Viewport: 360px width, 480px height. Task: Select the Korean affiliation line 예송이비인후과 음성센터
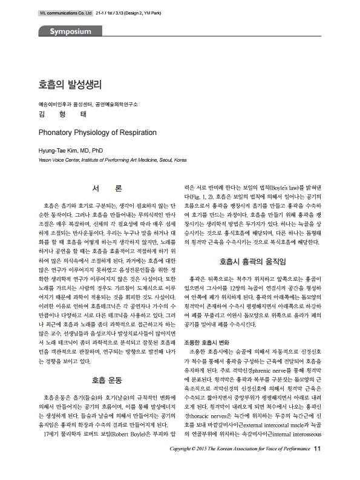(82, 104)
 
